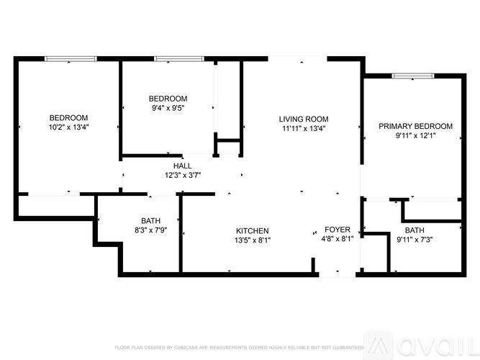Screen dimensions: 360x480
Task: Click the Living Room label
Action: [x=304, y=119]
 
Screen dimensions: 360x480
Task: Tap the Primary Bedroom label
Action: [x=416, y=125]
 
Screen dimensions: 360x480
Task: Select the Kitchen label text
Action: [x=253, y=230]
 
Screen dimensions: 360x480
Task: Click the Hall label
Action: [x=182, y=166]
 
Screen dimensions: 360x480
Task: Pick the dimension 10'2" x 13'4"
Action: [x=68, y=127]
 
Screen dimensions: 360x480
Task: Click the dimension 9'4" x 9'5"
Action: [x=168, y=109]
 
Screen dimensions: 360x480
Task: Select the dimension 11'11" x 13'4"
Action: [x=304, y=129]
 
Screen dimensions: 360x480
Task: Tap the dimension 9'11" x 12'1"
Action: [x=416, y=135]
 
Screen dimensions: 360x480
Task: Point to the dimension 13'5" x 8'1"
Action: [x=253, y=240]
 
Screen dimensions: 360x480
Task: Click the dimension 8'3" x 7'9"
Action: [x=151, y=230]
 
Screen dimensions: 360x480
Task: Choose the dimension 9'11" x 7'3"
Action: [x=414, y=240]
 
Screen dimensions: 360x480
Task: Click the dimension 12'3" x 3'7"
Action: [x=182, y=175]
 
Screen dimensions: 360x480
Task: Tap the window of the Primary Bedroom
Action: [x=414, y=74]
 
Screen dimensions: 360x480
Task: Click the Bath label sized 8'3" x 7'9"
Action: [x=151, y=220]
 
